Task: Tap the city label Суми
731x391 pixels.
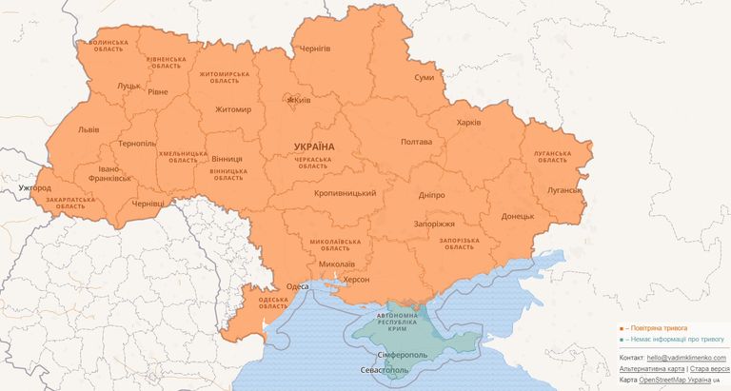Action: [425, 79]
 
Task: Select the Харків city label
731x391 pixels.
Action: [469, 123]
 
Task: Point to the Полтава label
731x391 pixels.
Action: [417, 142]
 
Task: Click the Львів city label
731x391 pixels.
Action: [89, 129]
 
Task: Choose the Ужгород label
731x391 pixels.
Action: [34, 188]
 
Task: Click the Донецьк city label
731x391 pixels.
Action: [518, 216]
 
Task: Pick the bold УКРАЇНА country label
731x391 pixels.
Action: [314, 147]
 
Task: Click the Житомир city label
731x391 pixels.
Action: [233, 109]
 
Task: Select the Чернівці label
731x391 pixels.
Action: [148, 204]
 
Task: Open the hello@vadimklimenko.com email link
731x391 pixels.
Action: [686, 357]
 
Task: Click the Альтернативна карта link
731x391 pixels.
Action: [652, 368]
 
